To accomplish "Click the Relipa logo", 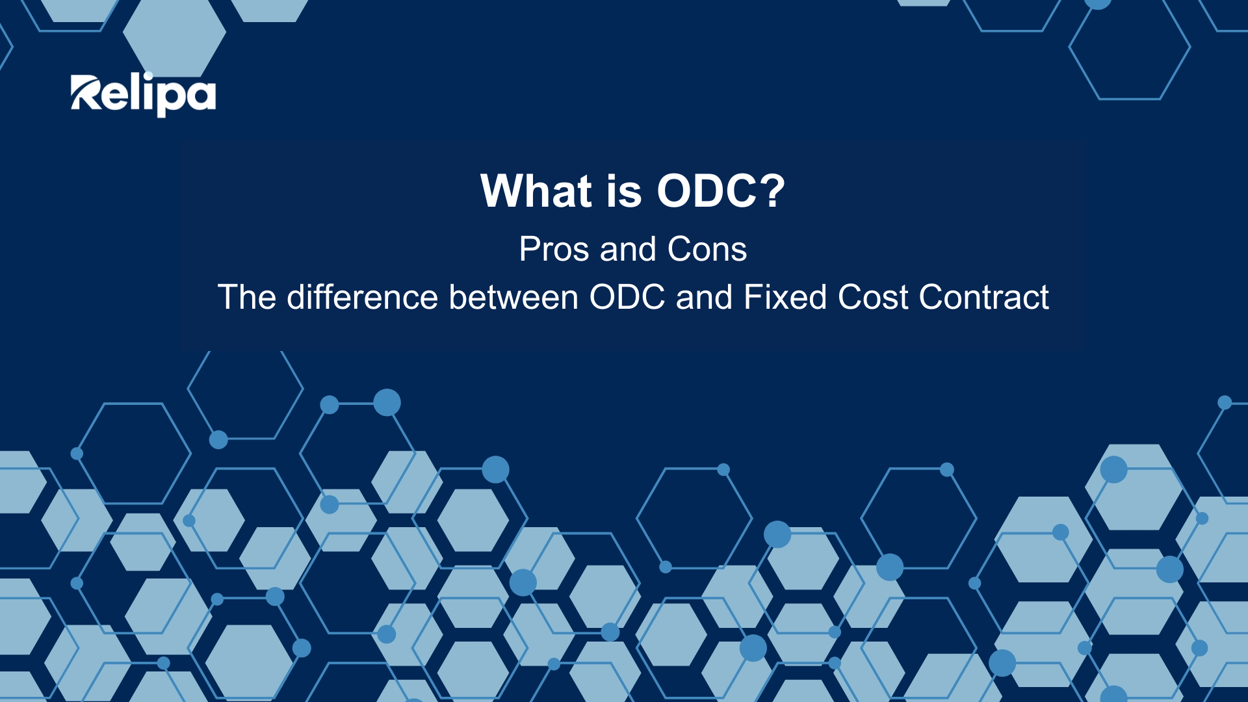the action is coord(143,95).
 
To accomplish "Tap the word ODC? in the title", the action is coord(721,191).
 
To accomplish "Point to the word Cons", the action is coord(707,249).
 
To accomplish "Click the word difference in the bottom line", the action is coord(363,297).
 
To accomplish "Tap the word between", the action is coord(513,297).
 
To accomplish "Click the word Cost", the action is coord(873,297).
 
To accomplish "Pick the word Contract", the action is coord(984,297).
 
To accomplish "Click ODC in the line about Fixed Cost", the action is coord(627,297).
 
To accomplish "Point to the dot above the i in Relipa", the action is coord(148,75).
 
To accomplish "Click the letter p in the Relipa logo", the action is coord(170,99).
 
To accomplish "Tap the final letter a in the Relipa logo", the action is coord(201,96).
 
